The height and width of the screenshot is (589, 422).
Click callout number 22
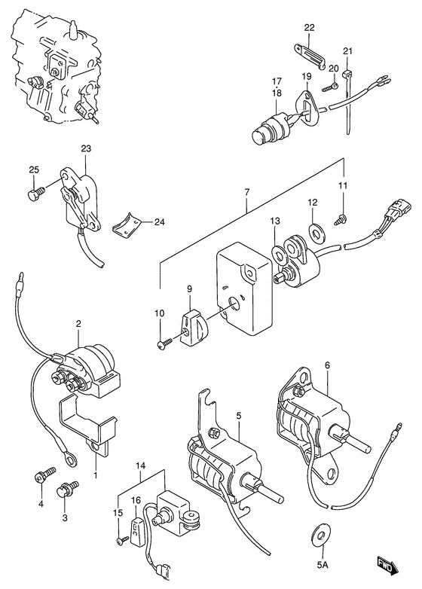pos(309,27)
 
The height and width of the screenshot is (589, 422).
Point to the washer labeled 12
pos(316,231)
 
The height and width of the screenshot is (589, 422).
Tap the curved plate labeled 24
pos(127,224)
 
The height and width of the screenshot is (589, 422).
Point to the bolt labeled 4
pos(44,475)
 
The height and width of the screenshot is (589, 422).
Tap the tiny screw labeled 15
pos(123,540)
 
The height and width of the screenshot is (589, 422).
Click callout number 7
pos(247,192)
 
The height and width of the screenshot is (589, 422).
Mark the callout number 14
pos(141,465)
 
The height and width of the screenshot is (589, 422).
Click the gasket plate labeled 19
pos(305,106)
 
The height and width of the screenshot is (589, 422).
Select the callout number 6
pos(326,365)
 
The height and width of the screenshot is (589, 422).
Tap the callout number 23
pos(86,148)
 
